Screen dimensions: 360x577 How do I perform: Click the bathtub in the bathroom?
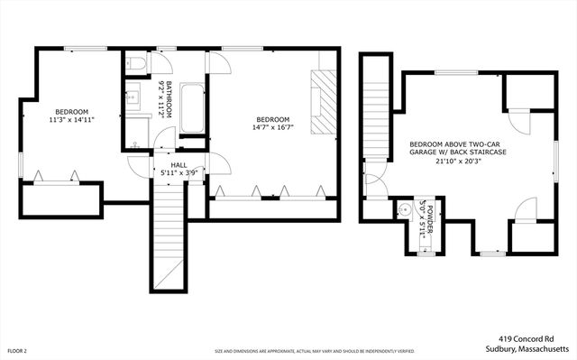(x=193, y=108)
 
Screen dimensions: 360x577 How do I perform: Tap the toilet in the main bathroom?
(x=136, y=64)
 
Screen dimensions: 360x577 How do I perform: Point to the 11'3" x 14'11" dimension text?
(x=72, y=118)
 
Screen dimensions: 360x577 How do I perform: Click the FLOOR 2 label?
(x=17, y=350)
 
